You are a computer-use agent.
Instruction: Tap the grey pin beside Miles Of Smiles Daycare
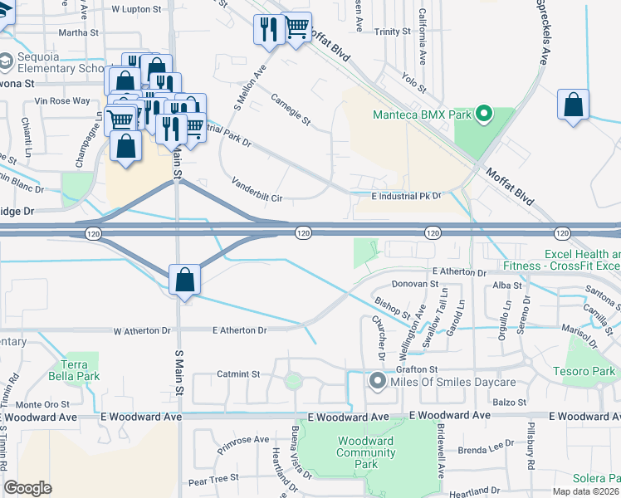point(377,382)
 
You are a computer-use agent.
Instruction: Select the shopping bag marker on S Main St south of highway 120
point(184,281)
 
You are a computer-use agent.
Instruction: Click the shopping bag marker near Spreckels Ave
point(573,105)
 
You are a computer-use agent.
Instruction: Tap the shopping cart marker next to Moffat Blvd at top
point(296,28)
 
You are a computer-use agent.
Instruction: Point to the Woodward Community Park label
point(365,452)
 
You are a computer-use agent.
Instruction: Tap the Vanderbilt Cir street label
point(257,190)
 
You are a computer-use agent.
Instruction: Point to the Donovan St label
point(414,284)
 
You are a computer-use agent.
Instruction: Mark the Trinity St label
point(392,31)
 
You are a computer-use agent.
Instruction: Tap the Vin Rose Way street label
point(62,101)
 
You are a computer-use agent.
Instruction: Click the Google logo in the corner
point(28,488)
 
